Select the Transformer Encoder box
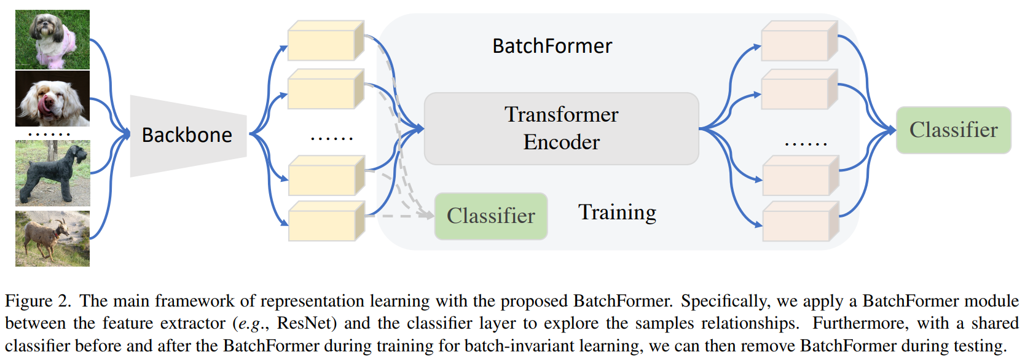coord(561,128)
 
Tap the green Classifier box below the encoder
coord(490,216)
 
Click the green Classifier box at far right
coord(953,130)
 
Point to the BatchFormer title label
coord(552,46)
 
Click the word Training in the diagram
coord(617,212)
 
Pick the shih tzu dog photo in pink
coord(52,39)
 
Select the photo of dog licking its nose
coord(52,98)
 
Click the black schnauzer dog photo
coord(52,173)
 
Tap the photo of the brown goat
coord(52,238)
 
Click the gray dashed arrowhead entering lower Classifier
coord(430,216)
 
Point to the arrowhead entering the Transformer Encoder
coord(420,128)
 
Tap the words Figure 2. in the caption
coord(37,301)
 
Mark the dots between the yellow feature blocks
coord(332,139)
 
